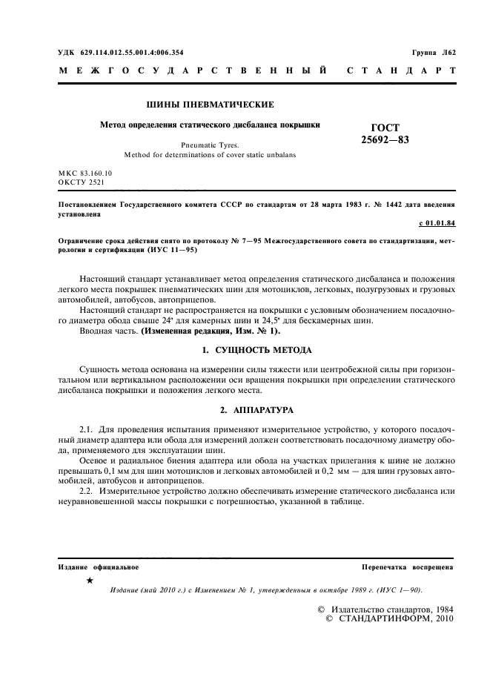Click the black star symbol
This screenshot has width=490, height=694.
coord(90,581)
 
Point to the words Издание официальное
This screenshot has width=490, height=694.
coord(99,567)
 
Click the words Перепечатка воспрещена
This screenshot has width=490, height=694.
coord(408,567)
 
